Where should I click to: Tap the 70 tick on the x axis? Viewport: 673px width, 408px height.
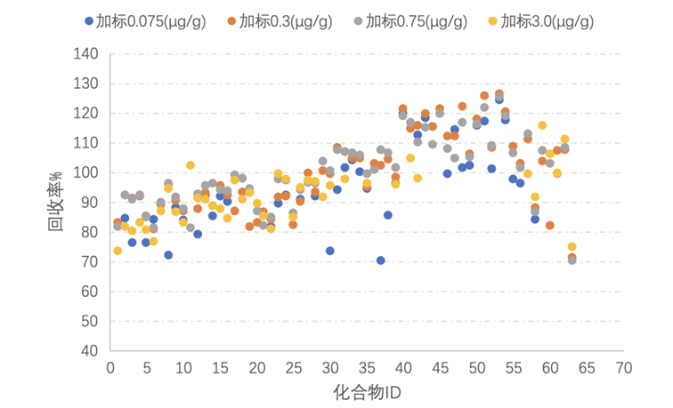click(x=623, y=367)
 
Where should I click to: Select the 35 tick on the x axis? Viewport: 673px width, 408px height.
click(x=366, y=367)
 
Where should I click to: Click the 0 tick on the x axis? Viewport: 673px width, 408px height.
click(x=109, y=367)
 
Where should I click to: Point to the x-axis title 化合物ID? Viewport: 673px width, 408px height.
click(x=366, y=391)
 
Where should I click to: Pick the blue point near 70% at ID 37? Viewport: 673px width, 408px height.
click(x=380, y=260)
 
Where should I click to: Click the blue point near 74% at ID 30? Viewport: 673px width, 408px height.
click(x=329, y=251)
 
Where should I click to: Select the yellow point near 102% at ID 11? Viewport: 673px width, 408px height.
click(x=190, y=165)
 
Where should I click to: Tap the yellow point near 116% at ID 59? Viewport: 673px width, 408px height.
click(x=542, y=125)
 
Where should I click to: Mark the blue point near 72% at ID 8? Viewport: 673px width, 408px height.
click(x=168, y=255)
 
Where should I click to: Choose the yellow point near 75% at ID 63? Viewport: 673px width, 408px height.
click(x=572, y=247)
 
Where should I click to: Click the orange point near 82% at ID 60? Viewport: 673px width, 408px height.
click(x=549, y=226)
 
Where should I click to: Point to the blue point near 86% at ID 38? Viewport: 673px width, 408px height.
click(x=388, y=215)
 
